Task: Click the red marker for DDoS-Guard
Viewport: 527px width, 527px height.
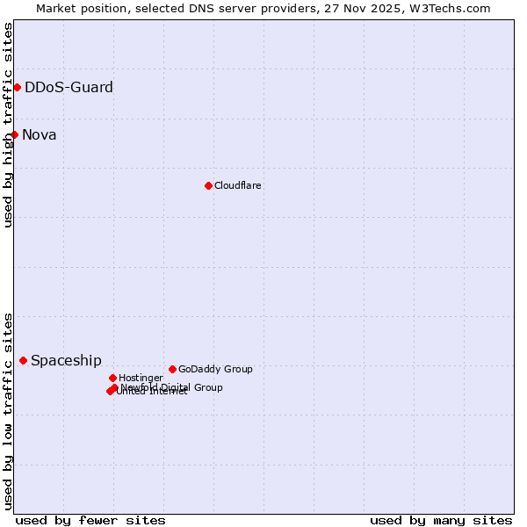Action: tap(17, 87)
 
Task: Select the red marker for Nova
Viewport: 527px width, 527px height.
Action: tap(15, 134)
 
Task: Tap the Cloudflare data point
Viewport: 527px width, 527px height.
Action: tap(208, 185)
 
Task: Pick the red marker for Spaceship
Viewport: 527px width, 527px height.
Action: tap(24, 360)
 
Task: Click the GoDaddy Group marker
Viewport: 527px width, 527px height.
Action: tap(172, 369)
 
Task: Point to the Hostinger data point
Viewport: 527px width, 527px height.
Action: tap(112, 378)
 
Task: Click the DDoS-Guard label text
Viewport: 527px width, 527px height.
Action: tap(69, 87)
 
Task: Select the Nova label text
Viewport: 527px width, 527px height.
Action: tap(40, 134)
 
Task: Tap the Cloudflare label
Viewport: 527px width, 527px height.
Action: tap(237, 185)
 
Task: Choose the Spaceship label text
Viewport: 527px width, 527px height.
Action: tap(66, 360)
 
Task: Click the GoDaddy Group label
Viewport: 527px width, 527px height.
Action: tap(215, 369)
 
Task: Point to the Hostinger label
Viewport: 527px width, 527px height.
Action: tap(141, 378)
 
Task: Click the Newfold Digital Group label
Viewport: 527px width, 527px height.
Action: tap(172, 386)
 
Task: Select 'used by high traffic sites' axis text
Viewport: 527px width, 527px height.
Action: tap(9, 125)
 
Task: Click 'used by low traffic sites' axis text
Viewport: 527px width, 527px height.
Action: tap(9, 410)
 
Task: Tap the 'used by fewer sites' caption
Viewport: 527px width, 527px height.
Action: tap(90, 520)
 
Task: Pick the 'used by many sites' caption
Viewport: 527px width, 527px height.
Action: tap(441, 520)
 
